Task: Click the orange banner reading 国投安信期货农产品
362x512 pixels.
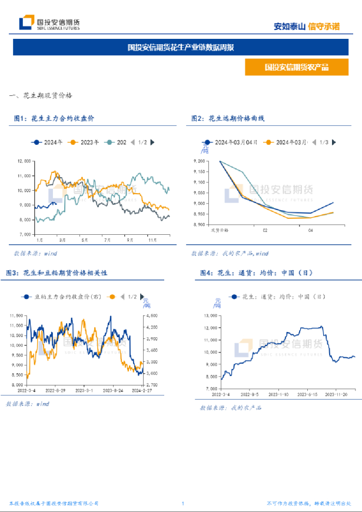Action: click(x=296, y=68)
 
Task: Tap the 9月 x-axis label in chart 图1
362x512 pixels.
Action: click(x=129, y=240)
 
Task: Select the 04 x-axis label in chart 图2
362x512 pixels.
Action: click(x=311, y=230)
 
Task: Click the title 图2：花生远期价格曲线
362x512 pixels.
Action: click(x=228, y=118)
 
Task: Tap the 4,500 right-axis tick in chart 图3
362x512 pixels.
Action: click(x=151, y=317)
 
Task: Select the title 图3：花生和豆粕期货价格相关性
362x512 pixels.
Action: click(x=56, y=272)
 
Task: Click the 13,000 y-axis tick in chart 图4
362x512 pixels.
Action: click(x=210, y=315)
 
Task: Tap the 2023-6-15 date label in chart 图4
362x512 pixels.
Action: click(x=307, y=395)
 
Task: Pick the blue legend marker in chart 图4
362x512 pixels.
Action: click(x=234, y=298)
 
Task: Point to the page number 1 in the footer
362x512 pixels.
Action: click(x=183, y=503)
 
